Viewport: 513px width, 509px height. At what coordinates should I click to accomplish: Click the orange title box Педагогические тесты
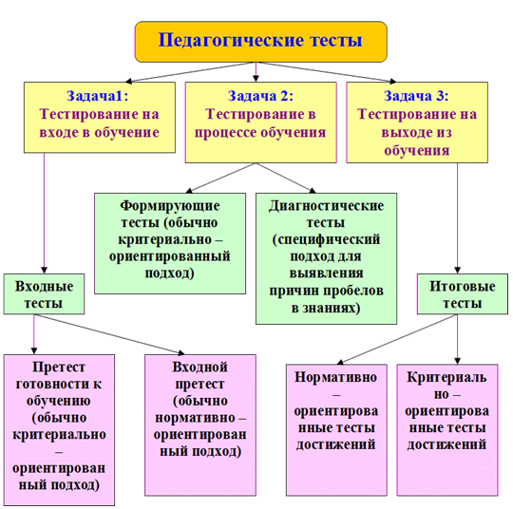(x=260, y=42)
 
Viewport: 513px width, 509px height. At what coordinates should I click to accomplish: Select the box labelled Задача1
(x=100, y=117)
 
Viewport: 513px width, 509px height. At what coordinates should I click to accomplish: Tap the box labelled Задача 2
(x=260, y=122)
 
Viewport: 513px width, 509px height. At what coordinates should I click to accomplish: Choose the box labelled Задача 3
(x=417, y=122)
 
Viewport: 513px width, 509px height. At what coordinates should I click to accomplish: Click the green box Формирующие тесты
(x=170, y=243)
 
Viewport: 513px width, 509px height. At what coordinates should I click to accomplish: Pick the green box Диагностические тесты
(x=326, y=258)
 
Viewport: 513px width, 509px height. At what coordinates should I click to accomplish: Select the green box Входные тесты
(x=44, y=293)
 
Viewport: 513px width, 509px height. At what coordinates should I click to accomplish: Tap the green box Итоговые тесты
(x=463, y=293)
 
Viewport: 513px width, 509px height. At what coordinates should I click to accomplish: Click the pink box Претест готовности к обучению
(x=59, y=430)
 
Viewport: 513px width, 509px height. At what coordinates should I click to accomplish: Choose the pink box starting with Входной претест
(x=200, y=424)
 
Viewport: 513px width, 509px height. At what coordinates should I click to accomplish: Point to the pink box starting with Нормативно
(x=336, y=430)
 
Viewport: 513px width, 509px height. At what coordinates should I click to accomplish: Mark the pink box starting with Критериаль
(x=447, y=430)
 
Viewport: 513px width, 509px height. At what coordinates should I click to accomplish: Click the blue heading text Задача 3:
(x=416, y=96)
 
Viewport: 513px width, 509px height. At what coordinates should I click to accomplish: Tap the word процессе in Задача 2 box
(x=225, y=133)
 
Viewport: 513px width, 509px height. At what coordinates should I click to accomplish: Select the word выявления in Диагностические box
(x=326, y=273)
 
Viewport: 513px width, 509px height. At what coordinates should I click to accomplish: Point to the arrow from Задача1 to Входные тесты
(x=44, y=214)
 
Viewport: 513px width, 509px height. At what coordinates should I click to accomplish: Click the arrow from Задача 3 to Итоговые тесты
(x=457, y=218)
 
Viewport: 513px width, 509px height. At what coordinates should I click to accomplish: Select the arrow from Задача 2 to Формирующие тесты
(x=220, y=178)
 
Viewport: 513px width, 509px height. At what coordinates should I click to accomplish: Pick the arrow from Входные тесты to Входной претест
(x=109, y=334)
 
